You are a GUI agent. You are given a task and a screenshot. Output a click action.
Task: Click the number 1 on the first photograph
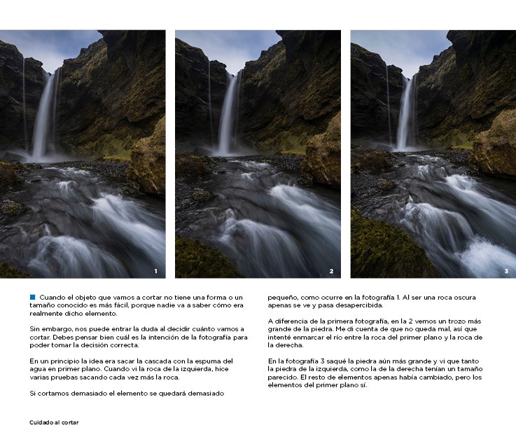(x=155, y=271)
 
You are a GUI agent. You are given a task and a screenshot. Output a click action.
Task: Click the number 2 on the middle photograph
(x=331, y=271)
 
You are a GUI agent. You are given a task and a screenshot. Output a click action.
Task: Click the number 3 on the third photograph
(x=506, y=271)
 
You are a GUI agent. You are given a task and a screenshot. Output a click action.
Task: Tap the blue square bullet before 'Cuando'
(x=32, y=297)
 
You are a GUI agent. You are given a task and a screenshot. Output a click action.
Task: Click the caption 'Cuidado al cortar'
(x=54, y=422)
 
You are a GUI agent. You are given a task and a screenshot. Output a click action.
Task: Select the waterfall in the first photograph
(x=44, y=116)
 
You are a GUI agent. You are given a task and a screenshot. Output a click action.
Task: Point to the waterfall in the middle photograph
(x=228, y=116)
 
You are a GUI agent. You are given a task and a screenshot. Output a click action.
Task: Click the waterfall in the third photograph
(x=405, y=116)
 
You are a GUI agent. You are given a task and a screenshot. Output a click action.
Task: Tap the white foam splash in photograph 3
(x=486, y=259)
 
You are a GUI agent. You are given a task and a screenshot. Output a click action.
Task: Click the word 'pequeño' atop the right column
(x=281, y=297)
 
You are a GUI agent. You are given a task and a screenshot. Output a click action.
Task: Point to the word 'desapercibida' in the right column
(x=360, y=305)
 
